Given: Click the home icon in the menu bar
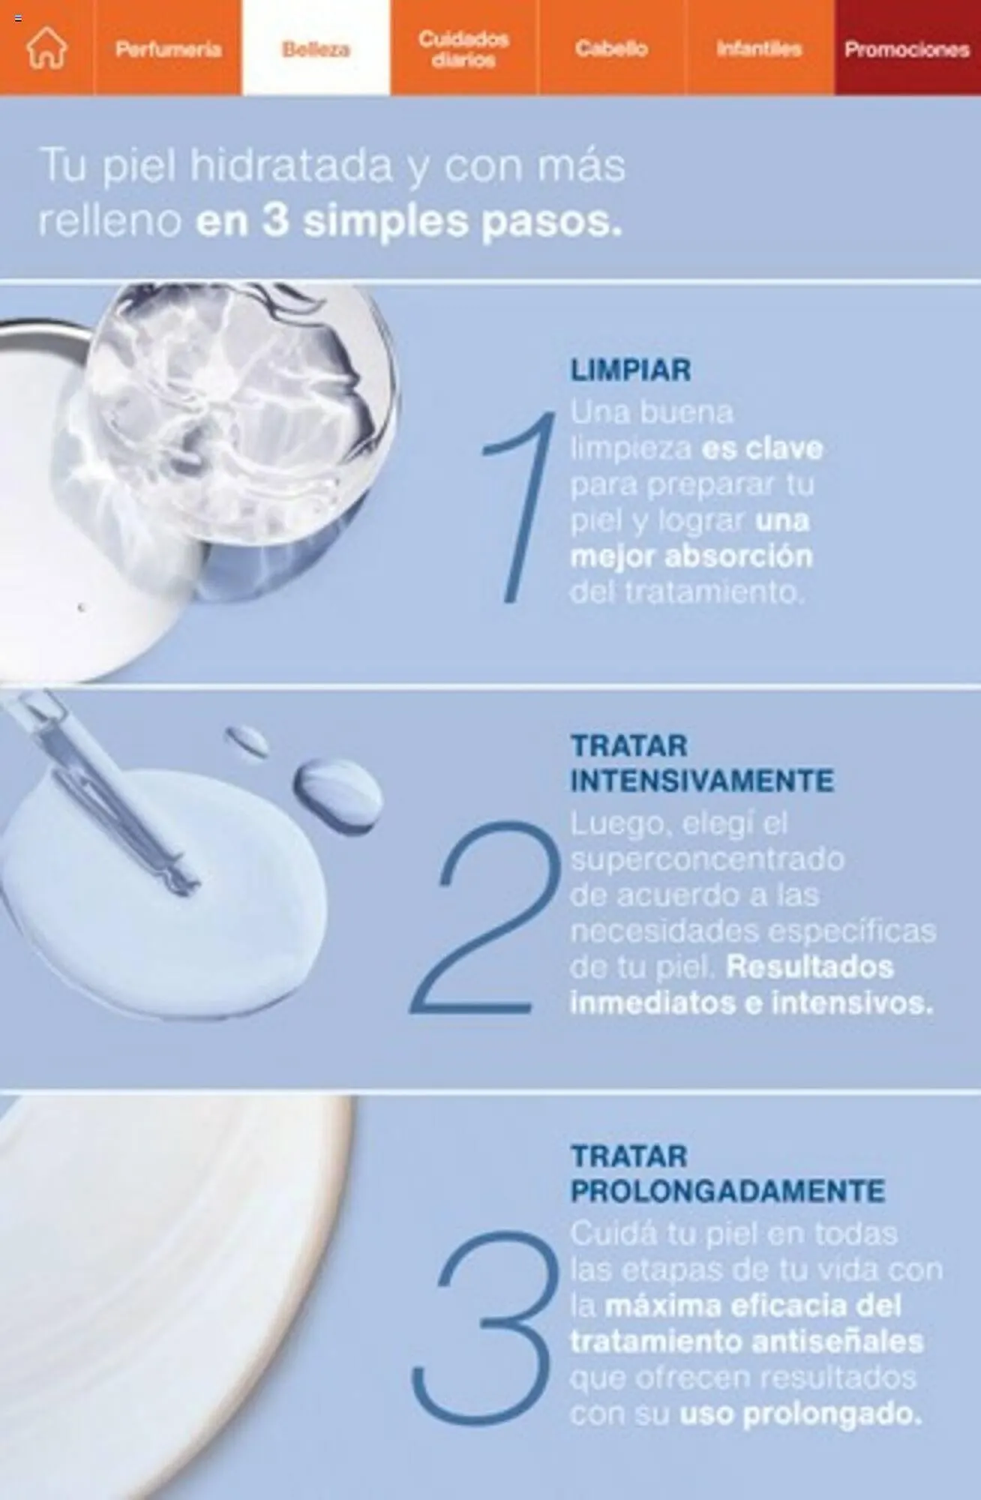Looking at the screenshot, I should pos(46,48).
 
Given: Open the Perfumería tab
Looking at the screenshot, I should pos(168,49).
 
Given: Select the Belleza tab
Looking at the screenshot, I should pos(316,49).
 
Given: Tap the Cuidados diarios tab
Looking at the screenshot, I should pos(463,49).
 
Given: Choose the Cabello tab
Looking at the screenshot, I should pos(611,49).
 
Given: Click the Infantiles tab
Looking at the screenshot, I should pos(759,49).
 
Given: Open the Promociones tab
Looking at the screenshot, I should pos(907,49).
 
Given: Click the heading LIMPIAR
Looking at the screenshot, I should pos(631,370).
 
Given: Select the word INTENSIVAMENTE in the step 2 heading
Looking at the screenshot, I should pos(701,781).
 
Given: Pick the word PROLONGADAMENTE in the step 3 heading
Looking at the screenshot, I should pos(727,1191).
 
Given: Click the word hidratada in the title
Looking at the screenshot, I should pos(292,166).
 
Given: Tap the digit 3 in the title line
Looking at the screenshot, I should pos(275,221).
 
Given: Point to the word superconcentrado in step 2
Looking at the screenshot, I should pos(707,859).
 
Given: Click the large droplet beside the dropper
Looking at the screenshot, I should pos(337,793).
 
